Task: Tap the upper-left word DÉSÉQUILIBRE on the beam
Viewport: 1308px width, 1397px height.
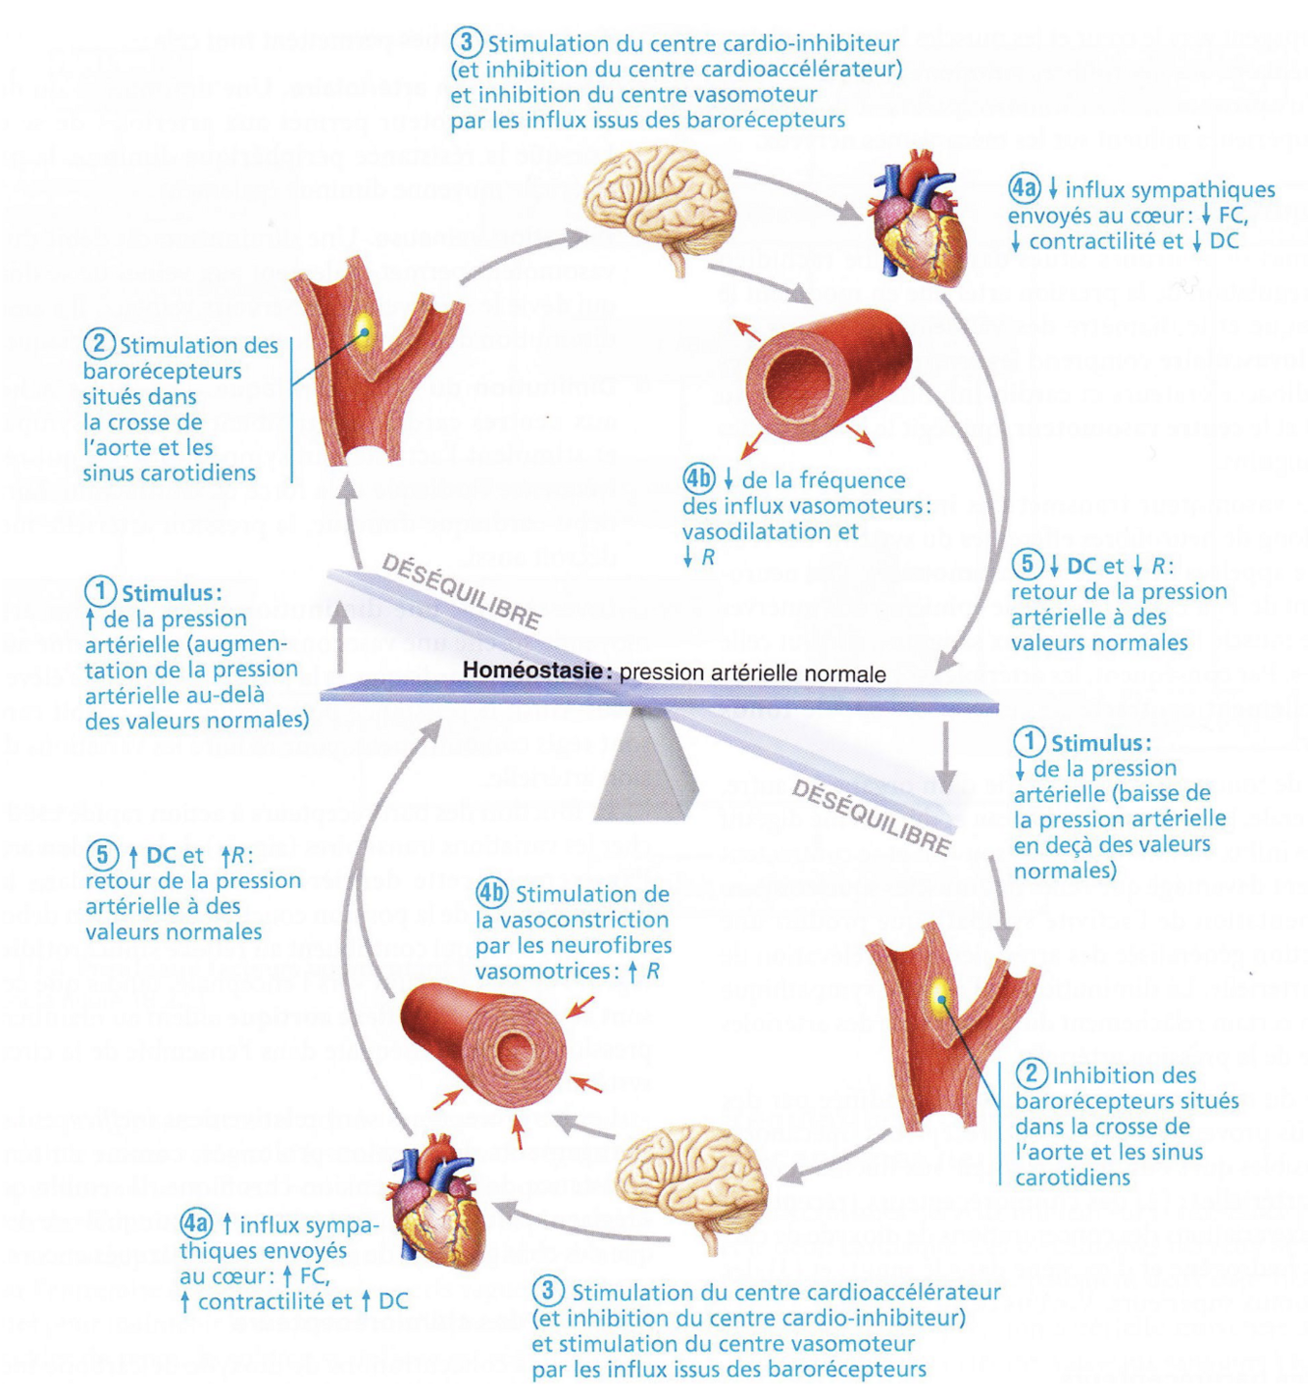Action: click(461, 591)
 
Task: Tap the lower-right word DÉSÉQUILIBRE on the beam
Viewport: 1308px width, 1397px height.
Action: click(872, 817)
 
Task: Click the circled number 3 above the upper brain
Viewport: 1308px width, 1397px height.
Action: click(467, 43)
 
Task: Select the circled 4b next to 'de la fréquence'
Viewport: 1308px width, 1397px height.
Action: click(699, 479)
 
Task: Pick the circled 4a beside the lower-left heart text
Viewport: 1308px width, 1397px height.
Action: click(196, 1224)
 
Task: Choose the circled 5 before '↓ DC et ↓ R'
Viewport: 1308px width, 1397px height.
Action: click(1028, 565)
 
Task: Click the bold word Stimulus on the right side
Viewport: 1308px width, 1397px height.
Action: click(1100, 742)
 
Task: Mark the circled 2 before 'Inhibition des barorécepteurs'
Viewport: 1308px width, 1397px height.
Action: click(1030, 1074)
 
